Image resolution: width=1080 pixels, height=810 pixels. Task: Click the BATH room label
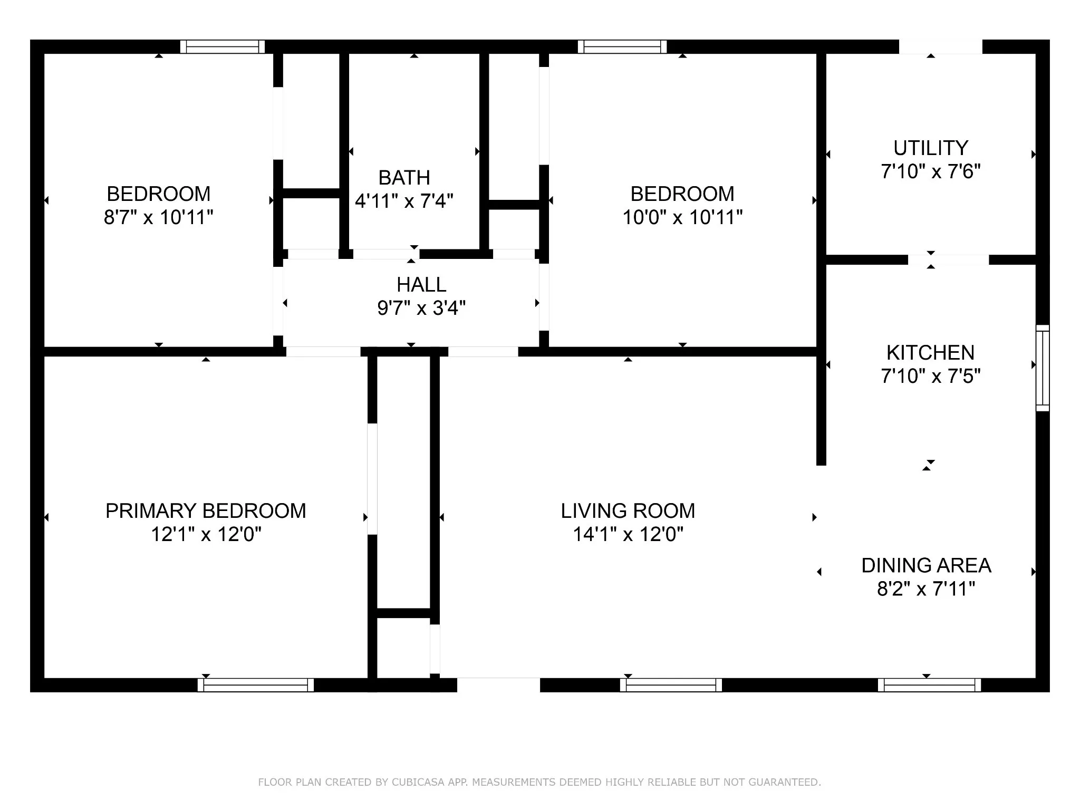pos(404,178)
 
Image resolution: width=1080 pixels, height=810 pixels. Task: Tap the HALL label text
pos(421,285)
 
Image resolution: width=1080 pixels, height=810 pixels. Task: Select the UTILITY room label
pos(931,148)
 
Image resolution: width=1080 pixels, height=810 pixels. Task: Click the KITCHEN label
pos(930,353)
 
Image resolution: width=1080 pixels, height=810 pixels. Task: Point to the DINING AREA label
pos(927,565)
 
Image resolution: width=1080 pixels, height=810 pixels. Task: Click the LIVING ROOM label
pos(628,511)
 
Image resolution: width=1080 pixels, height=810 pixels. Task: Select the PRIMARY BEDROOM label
pos(206,511)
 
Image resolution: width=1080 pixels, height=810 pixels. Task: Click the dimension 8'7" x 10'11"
pos(159,217)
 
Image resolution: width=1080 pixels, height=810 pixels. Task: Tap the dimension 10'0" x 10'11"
pos(682,217)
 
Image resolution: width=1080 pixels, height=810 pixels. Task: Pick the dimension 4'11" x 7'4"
pos(404,201)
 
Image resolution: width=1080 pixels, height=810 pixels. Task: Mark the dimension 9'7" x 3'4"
pos(421,308)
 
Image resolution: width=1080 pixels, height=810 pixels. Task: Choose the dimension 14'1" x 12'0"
pos(628,535)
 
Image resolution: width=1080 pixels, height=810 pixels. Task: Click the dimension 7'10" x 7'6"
pos(931,171)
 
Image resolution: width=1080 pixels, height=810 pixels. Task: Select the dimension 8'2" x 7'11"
pos(927,589)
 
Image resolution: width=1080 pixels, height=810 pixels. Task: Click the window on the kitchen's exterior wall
pos(1043,368)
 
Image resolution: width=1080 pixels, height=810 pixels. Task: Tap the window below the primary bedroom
pos(256,685)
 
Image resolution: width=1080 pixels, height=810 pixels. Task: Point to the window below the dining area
pos(929,685)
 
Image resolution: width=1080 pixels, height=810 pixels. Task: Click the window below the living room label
pos(671,685)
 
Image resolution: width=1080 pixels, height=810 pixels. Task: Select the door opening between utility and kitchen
pos(948,259)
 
